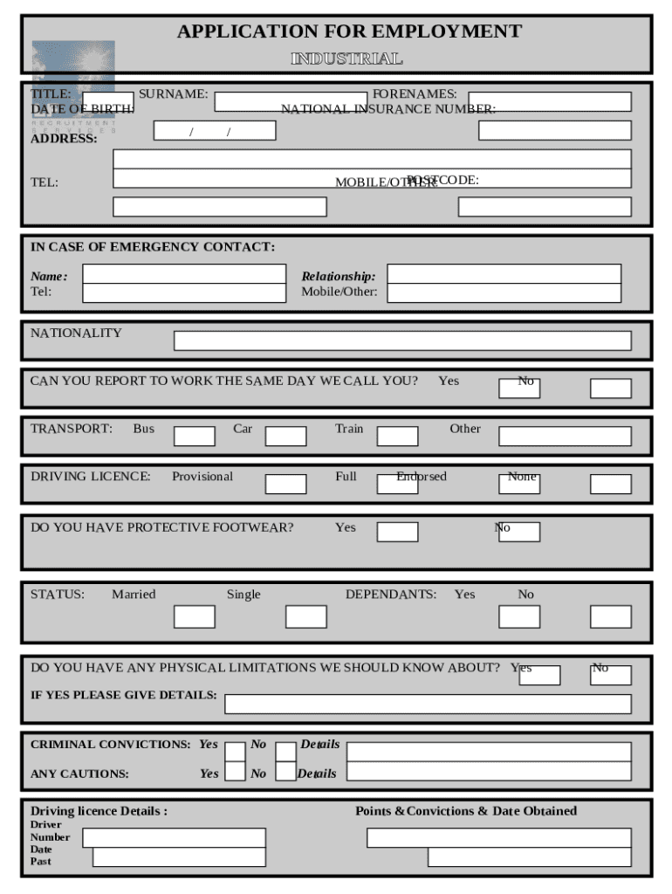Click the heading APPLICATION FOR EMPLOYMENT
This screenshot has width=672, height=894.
click(x=349, y=32)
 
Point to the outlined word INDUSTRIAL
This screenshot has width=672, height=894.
click(x=346, y=59)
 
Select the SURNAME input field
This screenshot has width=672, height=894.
click(x=291, y=102)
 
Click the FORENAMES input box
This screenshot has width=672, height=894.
click(x=549, y=102)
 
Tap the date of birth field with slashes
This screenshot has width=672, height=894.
click(x=215, y=131)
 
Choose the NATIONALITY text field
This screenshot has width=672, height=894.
click(x=402, y=340)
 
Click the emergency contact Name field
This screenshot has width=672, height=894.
click(x=184, y=274)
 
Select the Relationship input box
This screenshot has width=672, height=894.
click(x=504, y=274)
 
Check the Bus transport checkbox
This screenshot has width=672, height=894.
click(x=194, y=437)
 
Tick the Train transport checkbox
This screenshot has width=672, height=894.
click(x=397, y=437)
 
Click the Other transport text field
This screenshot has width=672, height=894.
click(x=565, y=437)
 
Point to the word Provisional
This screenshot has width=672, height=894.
click(x=202, y=477)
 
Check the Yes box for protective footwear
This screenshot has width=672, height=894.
click(x=397, y=532)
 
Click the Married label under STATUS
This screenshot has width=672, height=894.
click(x=134, y=595)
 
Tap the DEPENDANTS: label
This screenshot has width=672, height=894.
click(x=391, y=595)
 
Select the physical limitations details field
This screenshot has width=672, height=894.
click(x=428, y=704)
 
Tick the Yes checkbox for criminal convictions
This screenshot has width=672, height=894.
click(x=235, y=752)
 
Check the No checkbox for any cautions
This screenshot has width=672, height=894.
click(x=285, y=771)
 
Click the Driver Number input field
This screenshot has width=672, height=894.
click(x=174, y=838)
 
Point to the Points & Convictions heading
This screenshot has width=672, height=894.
click(x=466, y=811)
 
